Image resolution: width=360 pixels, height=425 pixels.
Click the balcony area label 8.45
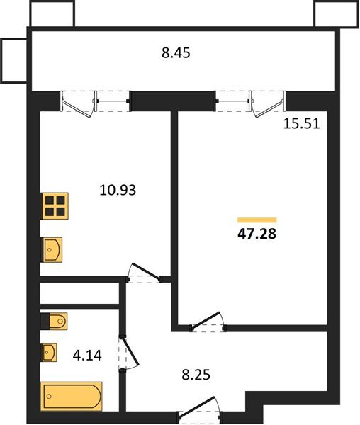(x=176, y=53)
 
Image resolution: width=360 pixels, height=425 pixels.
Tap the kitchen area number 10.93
(x=118, y=190)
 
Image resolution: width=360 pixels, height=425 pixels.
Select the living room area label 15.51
(x=302, y=124)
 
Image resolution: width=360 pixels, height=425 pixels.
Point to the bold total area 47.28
(x=257, y=234)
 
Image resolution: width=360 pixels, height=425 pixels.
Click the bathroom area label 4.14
(x=87, y=356)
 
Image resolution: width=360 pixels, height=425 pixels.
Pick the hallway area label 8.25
(x=196, y=375)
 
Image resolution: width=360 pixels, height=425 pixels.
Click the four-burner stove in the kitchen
(x=55, y=205)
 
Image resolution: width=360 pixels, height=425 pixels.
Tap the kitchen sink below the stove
(x=52, y=249)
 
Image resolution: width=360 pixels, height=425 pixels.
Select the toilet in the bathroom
(x=55, y=322)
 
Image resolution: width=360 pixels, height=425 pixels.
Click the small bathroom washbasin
(x=49, y=352)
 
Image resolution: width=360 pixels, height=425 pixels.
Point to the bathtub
(x=72, y=396)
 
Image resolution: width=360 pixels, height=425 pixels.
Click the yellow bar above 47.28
(x=257, y=220)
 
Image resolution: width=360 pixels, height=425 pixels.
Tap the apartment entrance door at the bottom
(x=200, y=408)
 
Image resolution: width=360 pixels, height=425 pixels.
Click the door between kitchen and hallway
(x=145, y=273)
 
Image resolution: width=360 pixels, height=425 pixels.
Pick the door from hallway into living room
(x=208, y=322)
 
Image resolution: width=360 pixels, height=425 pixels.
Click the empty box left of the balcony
(x=14, y=60)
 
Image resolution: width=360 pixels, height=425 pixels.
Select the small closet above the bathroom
(x=79, y=293)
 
